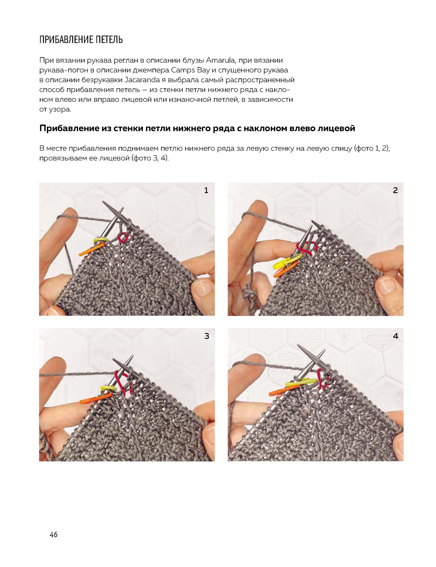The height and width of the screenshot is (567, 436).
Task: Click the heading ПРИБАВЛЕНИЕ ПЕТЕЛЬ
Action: click(x=81, y=40)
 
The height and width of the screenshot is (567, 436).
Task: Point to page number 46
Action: click(x=54, y=534)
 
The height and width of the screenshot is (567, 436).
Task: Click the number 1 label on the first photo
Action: click(x=206, y=190)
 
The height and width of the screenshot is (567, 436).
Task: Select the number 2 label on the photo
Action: click(x=395, y=190)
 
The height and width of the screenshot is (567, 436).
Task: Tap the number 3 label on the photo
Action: click(x=206, y=336)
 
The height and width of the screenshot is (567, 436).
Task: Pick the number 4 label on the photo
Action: click(x=395, y=336)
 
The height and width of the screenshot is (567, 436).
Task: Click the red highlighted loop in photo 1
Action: click(x=123, y=237)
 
